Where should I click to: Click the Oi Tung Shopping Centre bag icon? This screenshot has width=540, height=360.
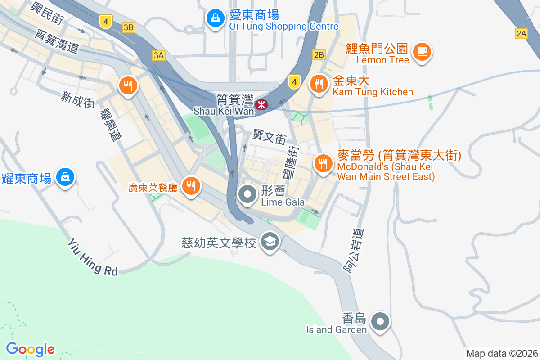point(216,18)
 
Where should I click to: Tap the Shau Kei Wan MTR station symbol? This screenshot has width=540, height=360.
point(261,105)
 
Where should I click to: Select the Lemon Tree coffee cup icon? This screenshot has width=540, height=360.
point(422,51)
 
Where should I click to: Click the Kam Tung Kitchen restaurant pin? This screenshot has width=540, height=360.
point(319,84)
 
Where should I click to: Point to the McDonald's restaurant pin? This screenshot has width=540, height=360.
point(323,162)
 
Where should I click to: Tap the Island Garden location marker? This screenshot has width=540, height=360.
point(381,321)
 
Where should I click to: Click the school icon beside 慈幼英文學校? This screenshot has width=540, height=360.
point(270,242)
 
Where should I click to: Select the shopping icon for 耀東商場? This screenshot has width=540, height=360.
point(65,176)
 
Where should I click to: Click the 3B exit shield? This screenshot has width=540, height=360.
point(128,27)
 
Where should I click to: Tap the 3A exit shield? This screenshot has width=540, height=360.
point(159,55)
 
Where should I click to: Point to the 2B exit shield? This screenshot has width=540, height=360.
point(319,55)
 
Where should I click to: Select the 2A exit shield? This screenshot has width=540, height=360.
point(521,33)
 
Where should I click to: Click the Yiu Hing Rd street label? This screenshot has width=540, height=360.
point(93,257)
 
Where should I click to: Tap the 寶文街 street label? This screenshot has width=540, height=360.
point(269,136)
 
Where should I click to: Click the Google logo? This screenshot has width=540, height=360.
point(30,349)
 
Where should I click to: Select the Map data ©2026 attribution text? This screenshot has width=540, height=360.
point(501,353)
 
